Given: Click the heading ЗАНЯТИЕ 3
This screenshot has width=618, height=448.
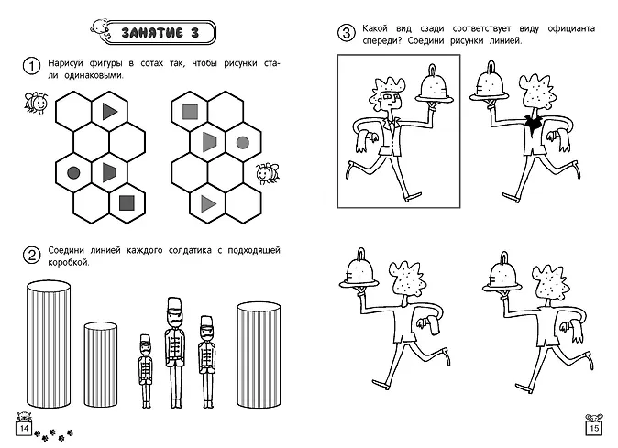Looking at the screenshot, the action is click(x=160, y=33).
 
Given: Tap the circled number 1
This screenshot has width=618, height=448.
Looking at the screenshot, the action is click(x=31, y=66).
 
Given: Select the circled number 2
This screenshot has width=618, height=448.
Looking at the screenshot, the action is click(x=31, y=255).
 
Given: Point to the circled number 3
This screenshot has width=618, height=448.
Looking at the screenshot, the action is click(x=346, y=33).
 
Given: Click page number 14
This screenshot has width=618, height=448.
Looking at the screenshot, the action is click(x=24, y=428).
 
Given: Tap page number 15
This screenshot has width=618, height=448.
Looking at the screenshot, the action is click(x=594, y=428).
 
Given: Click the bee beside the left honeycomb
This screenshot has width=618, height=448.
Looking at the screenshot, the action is click(x=36, y=103).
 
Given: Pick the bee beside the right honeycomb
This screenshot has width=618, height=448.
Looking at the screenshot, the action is click(x=267, y=173).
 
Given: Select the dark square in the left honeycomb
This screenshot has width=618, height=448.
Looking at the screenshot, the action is click(x=127, y=203).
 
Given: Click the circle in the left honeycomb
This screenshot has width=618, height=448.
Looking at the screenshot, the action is click(x=73, y=172).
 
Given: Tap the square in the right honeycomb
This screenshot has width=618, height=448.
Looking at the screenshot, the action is click(x=190, y=112).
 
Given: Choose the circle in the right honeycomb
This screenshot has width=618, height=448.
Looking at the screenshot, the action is click(x=243, y=143).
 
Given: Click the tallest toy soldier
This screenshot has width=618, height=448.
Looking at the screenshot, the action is click(x=174, y=353).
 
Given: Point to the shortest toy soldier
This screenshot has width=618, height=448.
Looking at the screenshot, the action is click(x=146, y=371).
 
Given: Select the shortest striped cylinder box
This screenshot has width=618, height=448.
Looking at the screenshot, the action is click(x=101, y=365).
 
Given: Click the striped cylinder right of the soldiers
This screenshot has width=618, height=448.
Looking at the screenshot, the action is click(x=259, y=355).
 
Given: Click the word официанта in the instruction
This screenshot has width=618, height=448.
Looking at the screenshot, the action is click(x=571, y=28).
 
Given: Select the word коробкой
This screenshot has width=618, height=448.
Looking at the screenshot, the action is click(x=69, y=263).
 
